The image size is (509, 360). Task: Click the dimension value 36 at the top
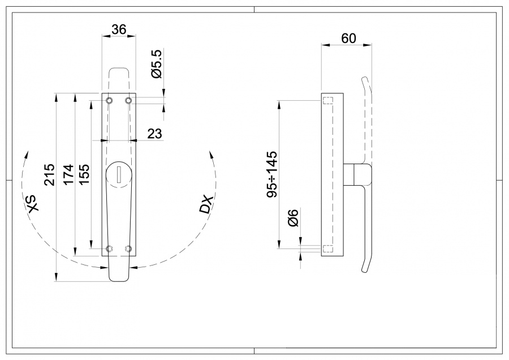coord(118,30)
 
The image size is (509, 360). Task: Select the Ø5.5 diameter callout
coord(157,64)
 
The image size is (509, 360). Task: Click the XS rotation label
coord(33,204)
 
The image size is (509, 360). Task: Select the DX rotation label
coord(206,205)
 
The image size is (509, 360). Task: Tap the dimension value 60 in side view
coord(348,38)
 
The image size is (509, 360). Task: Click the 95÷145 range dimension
coord(272,174)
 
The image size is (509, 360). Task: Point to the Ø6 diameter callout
coord(293,218)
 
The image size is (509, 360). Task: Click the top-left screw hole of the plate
coord(110,101)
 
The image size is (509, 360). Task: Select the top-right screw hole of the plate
coord(128,101)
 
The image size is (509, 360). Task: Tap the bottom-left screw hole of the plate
coord(110,248)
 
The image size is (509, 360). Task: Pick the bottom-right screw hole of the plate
coord(128,248)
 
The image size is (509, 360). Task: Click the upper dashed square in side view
coord(328,101)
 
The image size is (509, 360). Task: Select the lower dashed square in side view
coord(328,248)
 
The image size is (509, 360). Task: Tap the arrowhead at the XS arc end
coord(25,154)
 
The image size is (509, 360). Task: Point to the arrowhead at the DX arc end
coord(210,154)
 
